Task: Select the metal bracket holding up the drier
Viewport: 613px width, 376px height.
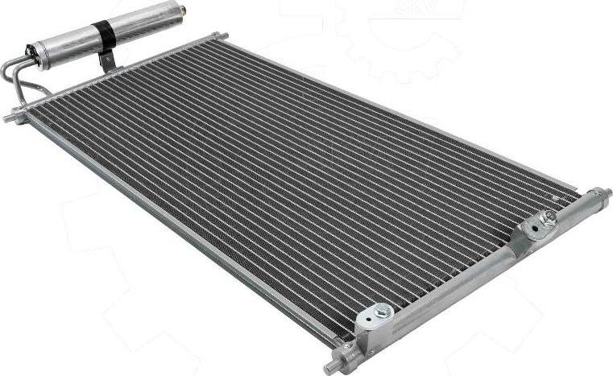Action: [x=106, y=60]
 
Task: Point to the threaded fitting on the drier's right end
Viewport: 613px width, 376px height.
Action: [x=182, y=10]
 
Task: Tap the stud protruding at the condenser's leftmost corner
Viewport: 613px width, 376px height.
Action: [x=10, y=118]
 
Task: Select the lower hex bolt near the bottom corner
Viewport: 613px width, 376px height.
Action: [x=383, y=311]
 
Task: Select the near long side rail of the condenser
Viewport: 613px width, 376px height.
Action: [x=177, y=233]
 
